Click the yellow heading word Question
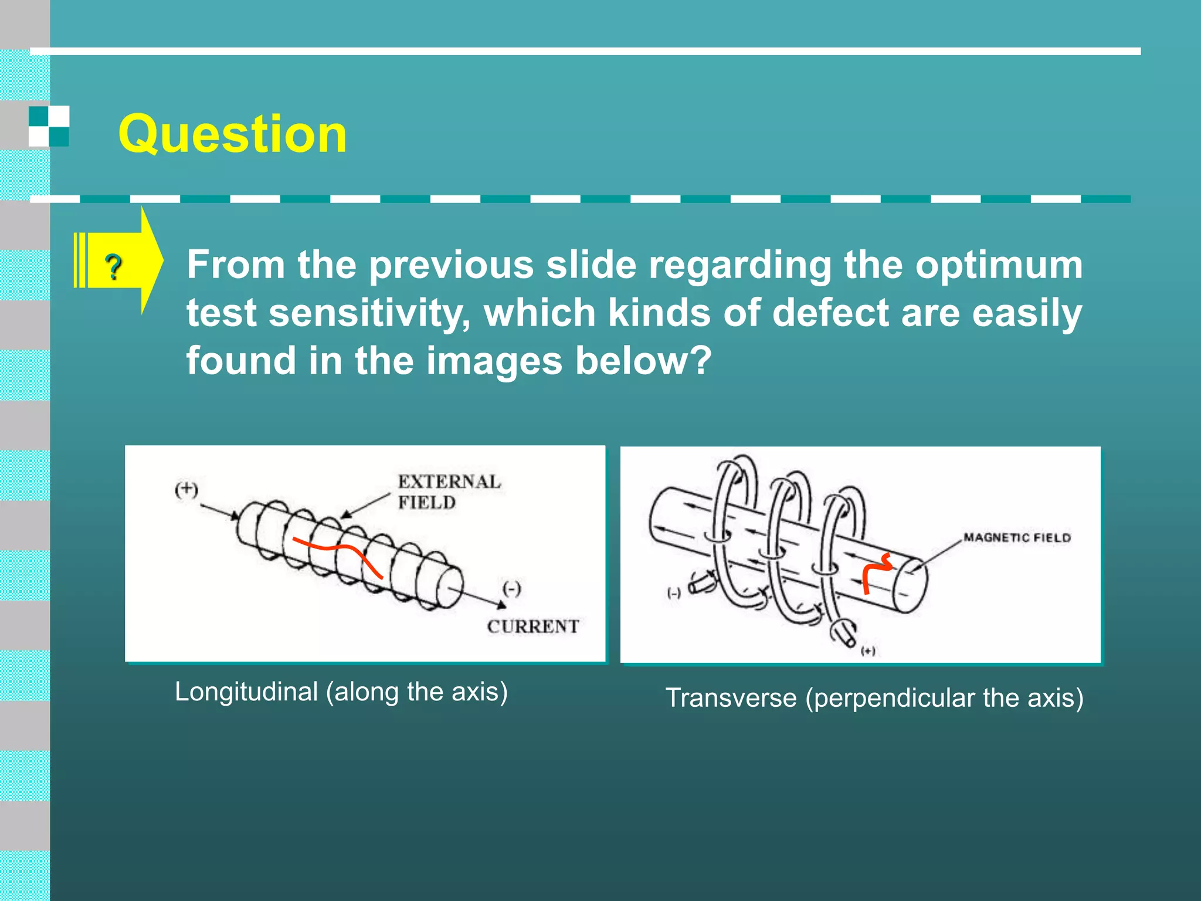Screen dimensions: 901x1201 (x=232, y=134)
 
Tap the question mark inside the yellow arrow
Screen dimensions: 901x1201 (x=114, y=267)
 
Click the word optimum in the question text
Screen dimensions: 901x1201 (x=999, y=265)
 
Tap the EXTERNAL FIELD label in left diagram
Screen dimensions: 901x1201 (x=449, y=492)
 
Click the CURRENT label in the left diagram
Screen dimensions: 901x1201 (x=532, y=626)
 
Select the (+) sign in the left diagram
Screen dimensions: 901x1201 (x=186, y=489)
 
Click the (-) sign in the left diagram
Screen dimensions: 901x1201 (x=511, y=588)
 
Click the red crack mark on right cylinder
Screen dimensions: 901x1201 (x=876, y=572)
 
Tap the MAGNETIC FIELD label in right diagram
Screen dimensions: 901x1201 (x=1017, y=537)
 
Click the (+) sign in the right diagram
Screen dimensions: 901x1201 (x=868, y=651)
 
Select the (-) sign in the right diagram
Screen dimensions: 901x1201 (x=674, y=593)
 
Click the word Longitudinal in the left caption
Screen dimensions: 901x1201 (x=246, y=692)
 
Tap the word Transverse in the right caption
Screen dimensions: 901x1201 (x=731, y=698)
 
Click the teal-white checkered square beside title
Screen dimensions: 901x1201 (x=49, y=126)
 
